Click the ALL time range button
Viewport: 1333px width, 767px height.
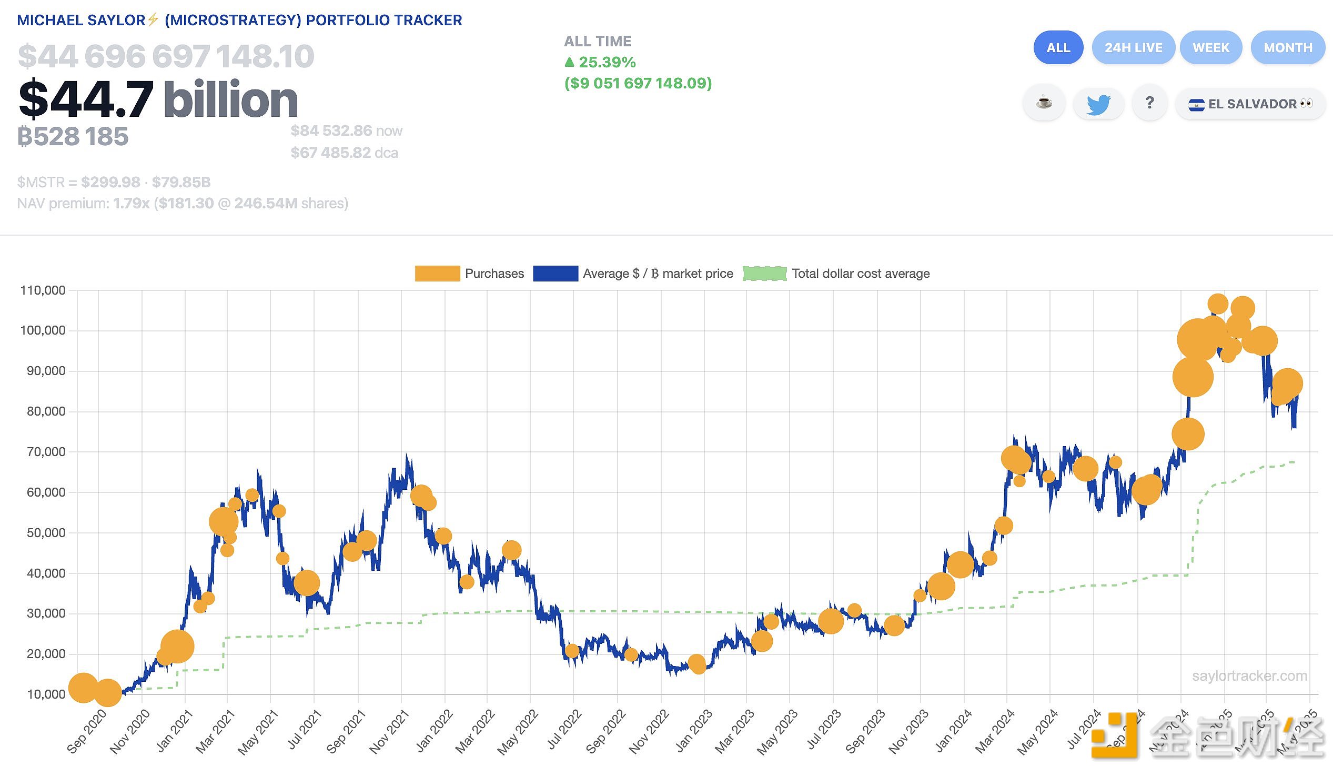(1058, 47)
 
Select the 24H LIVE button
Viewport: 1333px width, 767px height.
(1133, 47)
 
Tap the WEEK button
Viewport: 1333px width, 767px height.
(1211, 47)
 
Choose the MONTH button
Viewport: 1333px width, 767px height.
(1288, 47)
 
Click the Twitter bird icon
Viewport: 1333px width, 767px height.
(1098, 104)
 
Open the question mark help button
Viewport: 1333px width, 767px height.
(1150, 103)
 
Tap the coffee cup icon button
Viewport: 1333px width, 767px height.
(1044, 103)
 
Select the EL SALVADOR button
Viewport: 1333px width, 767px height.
(1250, 104)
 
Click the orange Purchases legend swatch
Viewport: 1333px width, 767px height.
(437, 274)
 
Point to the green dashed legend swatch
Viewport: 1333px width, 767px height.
(764, 274)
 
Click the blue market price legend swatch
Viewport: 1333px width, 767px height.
(555, 274)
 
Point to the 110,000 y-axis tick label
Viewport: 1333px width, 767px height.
(43, 290)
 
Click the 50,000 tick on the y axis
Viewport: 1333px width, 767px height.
(46, 532)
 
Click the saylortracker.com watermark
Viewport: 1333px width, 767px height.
(1249, 676)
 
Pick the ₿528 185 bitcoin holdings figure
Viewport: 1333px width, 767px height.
(73, 137)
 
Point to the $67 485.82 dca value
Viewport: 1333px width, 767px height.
(344, 153)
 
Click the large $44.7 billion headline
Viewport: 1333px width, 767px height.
(158, 99)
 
